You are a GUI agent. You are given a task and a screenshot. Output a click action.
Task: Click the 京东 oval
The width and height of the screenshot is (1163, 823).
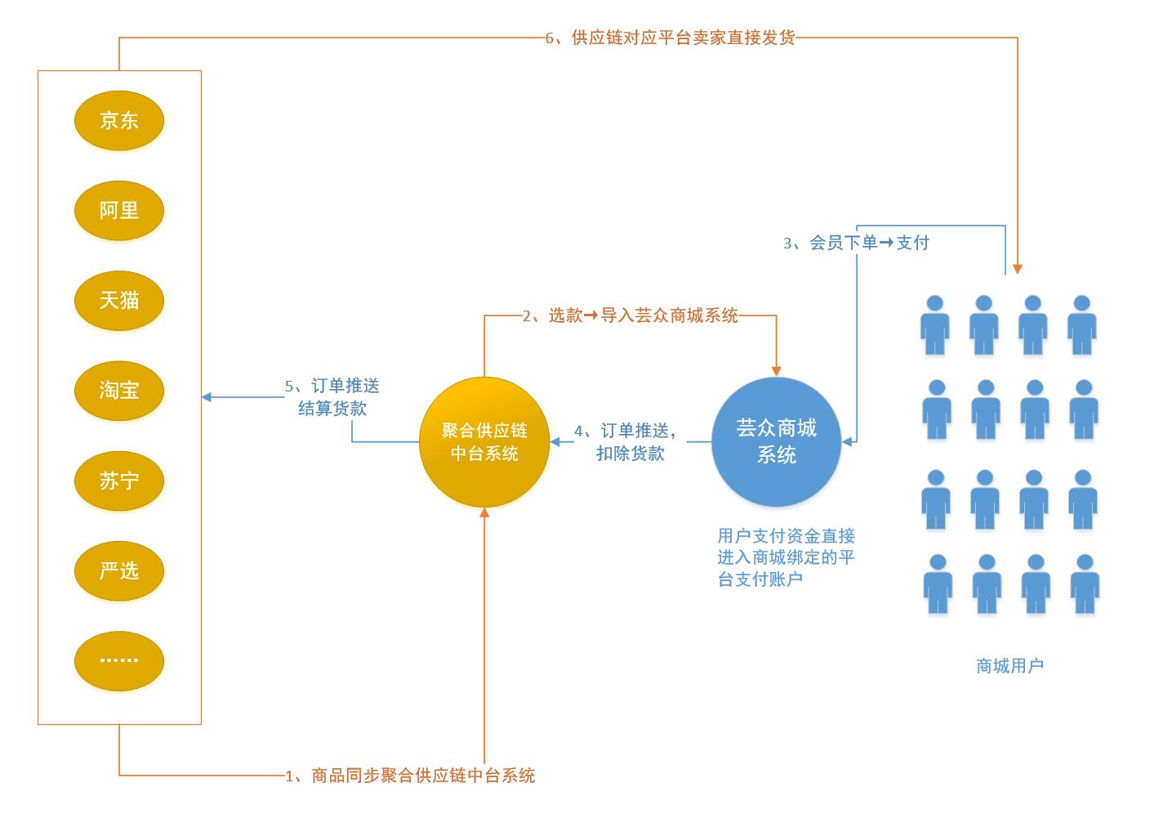click(119, 121)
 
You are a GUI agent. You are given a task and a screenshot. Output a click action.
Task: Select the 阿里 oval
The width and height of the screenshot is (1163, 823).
click(119, 211)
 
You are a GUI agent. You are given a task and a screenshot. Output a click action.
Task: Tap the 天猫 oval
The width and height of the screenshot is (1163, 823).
click(119, 301)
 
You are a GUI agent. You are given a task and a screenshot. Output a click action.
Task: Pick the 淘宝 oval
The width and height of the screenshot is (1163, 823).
click(119, 391)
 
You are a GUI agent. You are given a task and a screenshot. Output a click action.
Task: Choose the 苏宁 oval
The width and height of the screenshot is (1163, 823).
click(119, 481)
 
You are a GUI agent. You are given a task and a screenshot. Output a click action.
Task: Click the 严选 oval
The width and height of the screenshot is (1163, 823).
click(119, 571)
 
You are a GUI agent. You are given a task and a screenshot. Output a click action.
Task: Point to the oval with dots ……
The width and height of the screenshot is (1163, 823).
click(119, 661)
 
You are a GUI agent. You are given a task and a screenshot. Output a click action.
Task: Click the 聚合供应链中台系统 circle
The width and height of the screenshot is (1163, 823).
click(484, 442)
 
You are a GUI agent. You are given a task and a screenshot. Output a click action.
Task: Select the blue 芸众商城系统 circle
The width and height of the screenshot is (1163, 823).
click(776, 441)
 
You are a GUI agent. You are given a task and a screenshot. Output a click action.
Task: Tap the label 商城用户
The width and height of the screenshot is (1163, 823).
click(1009, 666)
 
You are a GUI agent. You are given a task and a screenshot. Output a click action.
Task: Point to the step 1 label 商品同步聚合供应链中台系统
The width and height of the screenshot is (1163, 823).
click(410, 776)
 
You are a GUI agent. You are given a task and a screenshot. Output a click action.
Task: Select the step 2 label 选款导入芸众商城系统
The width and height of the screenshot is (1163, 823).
click(631, 315)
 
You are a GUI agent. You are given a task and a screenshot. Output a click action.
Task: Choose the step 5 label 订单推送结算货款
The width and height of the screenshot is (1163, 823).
click(332, 397)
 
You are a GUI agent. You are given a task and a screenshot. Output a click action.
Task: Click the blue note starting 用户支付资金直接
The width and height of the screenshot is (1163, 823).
click(786, 557)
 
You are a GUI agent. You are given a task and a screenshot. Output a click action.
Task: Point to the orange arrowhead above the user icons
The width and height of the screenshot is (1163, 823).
click(1017, 268)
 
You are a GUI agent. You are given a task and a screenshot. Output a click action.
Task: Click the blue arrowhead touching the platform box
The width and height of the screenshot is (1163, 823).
click(207, 397)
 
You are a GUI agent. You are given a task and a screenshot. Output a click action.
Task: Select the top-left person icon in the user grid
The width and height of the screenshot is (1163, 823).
click(935, 325)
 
